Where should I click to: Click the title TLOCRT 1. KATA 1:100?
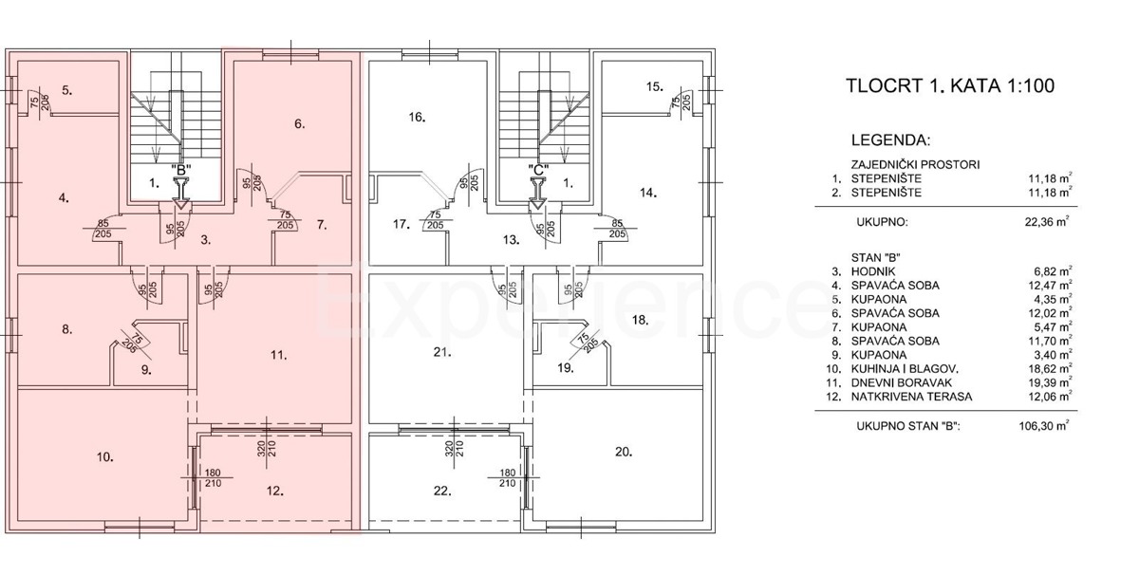[950, 85]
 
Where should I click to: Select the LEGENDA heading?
[891, 140]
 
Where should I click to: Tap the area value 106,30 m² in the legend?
[1044, 425]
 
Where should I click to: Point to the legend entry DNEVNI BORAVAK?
[902, 382]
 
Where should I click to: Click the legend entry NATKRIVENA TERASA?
[912, 397]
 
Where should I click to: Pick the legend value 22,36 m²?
[1047, 222]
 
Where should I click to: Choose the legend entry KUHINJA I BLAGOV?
[905, 369]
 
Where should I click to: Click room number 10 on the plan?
[105, 457]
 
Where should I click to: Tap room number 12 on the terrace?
[275, 491]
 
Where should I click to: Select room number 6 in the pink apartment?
[300, 123]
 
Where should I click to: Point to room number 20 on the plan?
[624, 452]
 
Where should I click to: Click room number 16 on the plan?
[417, 117]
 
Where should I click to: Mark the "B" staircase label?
[181, 170]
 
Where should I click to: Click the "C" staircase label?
[538, 170]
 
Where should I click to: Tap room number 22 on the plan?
[442, 491]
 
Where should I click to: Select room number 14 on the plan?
[648, 193]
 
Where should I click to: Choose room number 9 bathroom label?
[146, 369]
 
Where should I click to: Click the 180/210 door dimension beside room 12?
[213, 478]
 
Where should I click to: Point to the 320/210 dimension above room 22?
[455, 448]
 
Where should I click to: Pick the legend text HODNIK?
[873, 271]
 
